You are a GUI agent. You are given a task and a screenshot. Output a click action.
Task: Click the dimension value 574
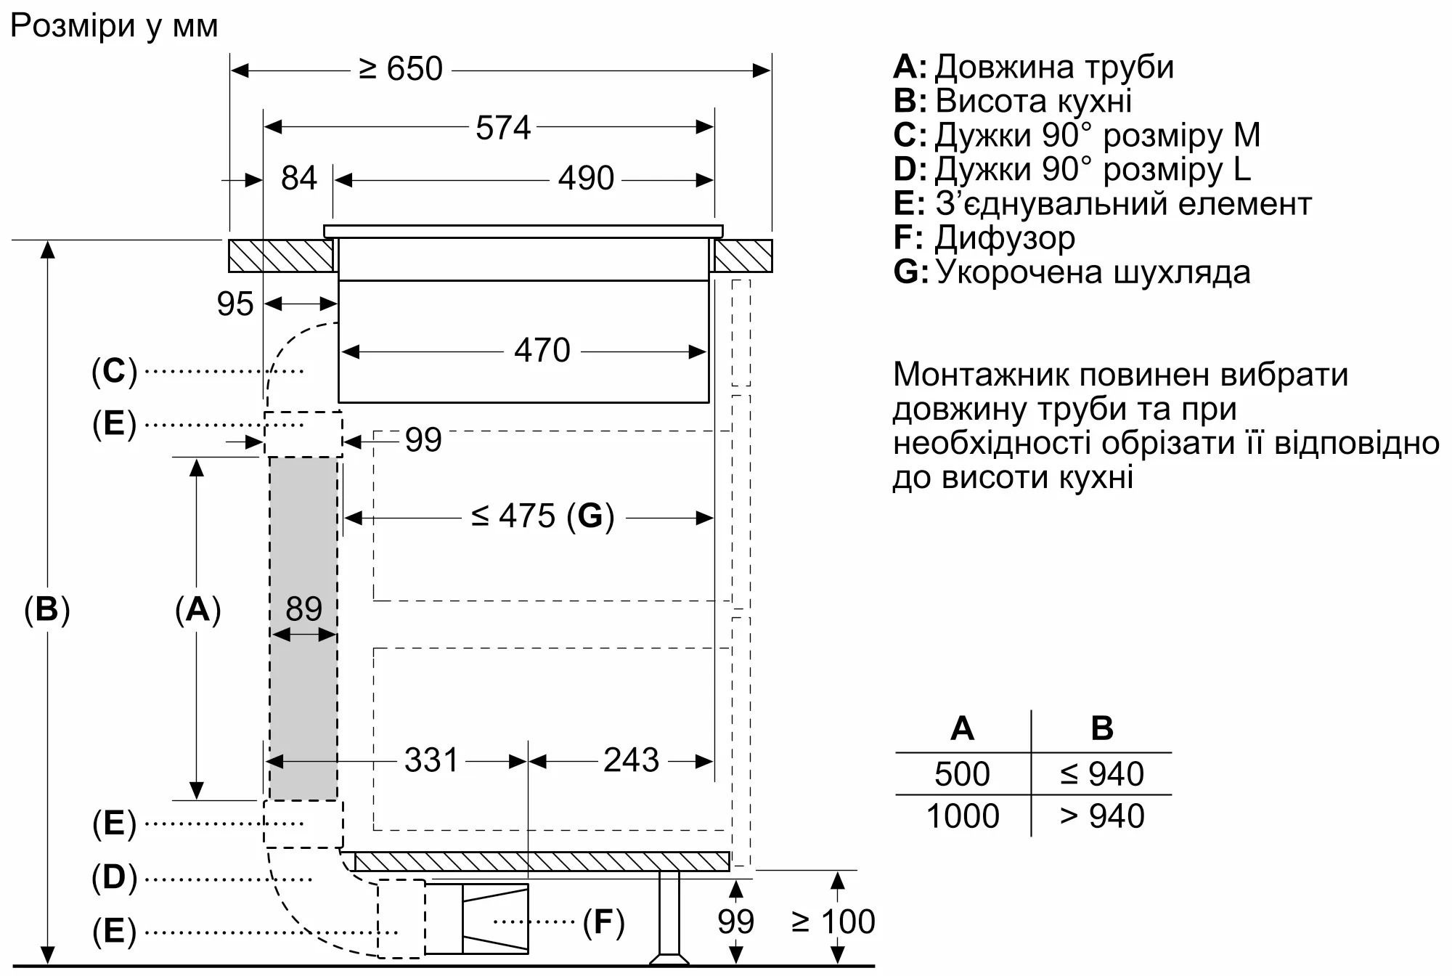(x=503, y=128)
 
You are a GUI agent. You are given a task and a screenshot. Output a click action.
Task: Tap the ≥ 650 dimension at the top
(x=401, y=70)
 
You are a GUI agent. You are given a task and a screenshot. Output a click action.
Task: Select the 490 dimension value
(x=586, y=179)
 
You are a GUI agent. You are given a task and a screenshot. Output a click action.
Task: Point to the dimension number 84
(x=299, y=179)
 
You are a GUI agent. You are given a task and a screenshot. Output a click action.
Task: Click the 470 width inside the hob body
(x=542, y=351)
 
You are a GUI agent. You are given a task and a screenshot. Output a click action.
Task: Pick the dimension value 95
(x=235, y=304)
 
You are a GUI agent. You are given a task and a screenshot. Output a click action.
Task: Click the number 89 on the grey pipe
(x=303, y=609)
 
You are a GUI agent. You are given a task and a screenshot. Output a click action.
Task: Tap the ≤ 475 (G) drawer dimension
(x=542, y=516)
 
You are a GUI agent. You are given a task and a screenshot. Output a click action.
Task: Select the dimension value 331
(x=431, y=760)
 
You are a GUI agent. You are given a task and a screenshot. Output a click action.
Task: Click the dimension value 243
(x=631, y=760)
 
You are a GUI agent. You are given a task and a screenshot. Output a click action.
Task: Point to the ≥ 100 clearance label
(x=833, y=922)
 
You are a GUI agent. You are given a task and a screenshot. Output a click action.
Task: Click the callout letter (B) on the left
(x=47, y=609)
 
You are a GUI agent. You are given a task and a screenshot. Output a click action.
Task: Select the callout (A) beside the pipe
(x=197, y=609)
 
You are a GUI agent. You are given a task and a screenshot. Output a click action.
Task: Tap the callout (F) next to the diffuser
(x=603, y=922)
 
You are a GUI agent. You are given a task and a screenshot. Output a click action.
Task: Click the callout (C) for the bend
(x=114, y=371)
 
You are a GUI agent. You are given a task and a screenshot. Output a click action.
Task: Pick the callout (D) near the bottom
(x=114, y=878)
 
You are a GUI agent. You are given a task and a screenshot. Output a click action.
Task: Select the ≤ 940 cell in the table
(x=1101, y=774)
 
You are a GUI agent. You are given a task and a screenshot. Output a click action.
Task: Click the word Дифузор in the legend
(x=1005, y=238)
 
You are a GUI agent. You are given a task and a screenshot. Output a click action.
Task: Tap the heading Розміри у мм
(x=114, y=26)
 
